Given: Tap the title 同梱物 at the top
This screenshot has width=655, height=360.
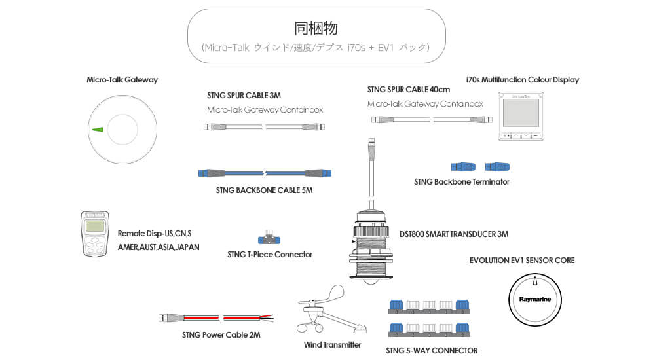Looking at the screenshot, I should pyautogui.click(x=316, y=29).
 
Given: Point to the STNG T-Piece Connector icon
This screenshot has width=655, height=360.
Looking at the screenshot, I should pyautogui.click(x=269, y=237).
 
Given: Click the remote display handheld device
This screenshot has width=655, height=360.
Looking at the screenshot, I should pyautogui.click(x=95, y=234).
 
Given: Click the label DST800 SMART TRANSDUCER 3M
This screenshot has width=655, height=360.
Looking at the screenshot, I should pyautogui.click(x=454, y=234).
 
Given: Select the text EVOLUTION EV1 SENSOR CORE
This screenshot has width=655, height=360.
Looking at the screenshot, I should pyautogui.click(x=522, y=261).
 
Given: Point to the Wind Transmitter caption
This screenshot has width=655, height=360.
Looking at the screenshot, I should pyautogui.click(x=333, y=344).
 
